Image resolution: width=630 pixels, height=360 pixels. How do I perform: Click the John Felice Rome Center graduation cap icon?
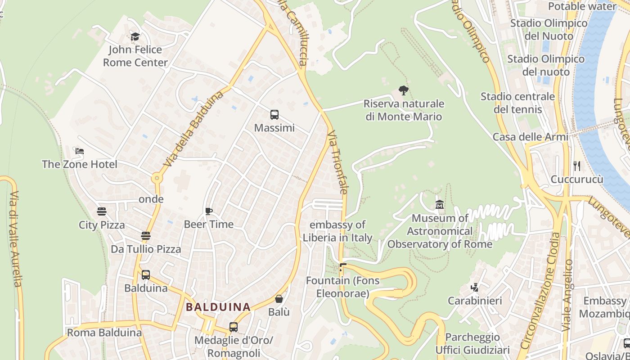(x=135, y=36)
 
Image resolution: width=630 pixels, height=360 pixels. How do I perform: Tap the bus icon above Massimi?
(x=274, y=115)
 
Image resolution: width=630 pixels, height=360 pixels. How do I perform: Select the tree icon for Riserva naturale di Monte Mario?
(x=404, y=90)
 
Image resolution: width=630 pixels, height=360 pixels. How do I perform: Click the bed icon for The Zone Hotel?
(x=80, y=151)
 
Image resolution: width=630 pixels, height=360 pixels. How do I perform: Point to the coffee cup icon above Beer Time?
(x=208, y=211)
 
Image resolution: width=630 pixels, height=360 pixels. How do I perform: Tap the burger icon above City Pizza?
(x=102, y=211)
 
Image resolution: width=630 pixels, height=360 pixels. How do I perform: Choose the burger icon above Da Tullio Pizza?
(x=145, y=236)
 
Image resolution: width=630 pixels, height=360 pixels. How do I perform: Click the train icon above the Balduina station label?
(x=145, y=275)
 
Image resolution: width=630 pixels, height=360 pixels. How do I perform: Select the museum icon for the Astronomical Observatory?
(x=440, y=205)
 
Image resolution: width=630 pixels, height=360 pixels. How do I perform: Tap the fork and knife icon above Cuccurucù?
(x=577, y=166)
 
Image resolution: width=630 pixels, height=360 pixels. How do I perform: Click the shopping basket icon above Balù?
(x=279, y=299)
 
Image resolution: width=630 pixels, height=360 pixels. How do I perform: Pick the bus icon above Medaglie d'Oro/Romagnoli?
(x=233, y=327)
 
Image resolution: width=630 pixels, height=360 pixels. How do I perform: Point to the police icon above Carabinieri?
(x=474, y=287)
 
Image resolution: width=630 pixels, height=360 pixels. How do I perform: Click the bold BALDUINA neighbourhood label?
(x=218, y=307)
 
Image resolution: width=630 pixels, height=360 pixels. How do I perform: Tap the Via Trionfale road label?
(x=338, y=162)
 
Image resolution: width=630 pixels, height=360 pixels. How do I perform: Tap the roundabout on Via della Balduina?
(x=157, y=178)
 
